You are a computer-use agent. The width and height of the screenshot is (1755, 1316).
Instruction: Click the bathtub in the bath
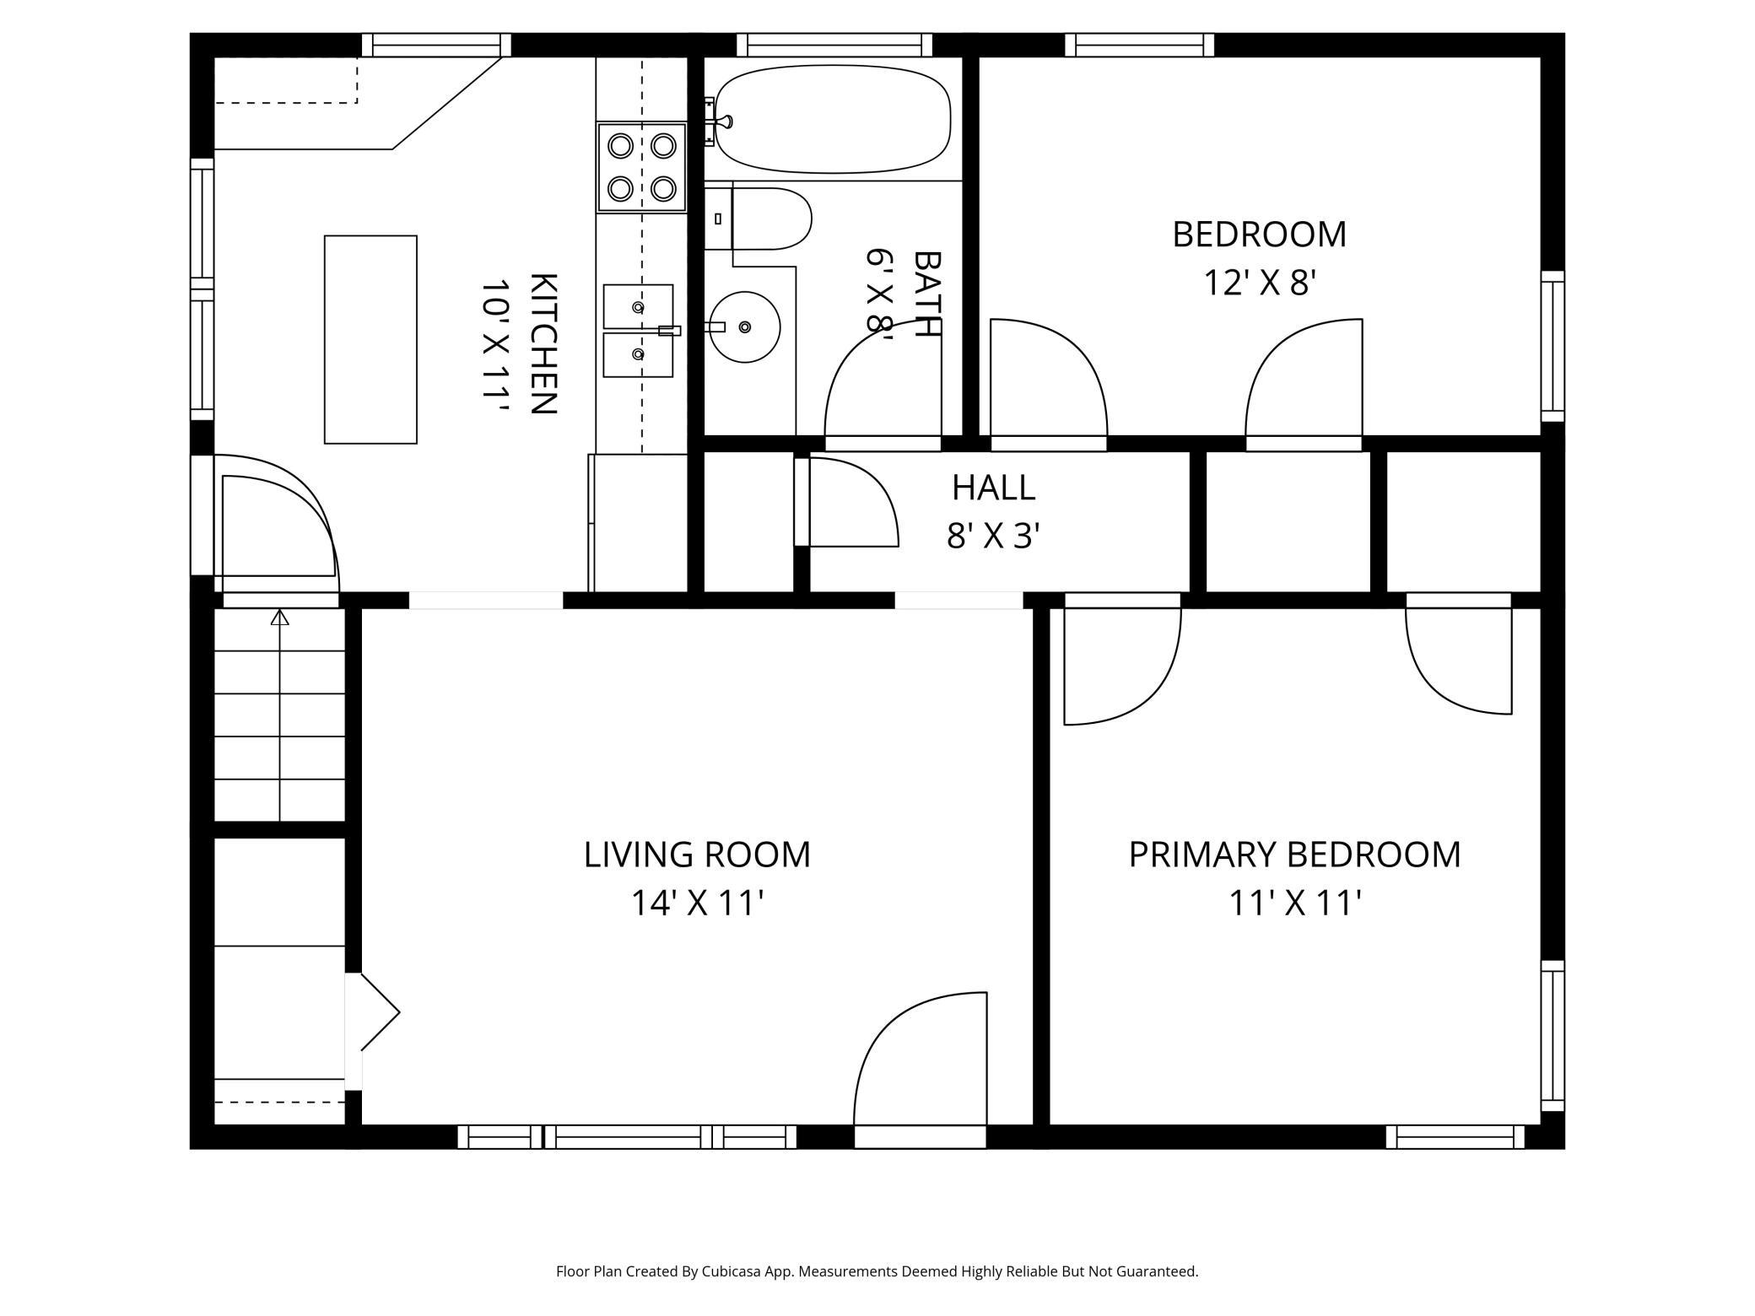[x=832, y=119]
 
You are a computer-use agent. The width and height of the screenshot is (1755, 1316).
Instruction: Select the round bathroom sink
[x=744, y=326]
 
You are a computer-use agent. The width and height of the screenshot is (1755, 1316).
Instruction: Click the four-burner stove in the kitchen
[x=642, y=167]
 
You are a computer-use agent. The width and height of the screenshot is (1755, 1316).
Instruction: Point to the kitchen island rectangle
[x=370, y=339]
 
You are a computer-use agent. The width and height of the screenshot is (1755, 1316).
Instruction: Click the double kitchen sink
[x=638, y=331]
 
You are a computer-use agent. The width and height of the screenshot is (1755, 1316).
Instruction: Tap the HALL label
[x=993, y=488]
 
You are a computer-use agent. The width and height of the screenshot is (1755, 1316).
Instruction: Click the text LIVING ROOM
[x=697, y=855]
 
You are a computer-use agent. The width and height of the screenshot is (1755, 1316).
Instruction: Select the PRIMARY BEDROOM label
[x=1294, y=855]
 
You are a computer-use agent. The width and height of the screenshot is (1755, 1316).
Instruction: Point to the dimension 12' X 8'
[x=1259, y=283]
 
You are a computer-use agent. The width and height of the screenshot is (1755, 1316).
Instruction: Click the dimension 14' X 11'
[x=697, y=903]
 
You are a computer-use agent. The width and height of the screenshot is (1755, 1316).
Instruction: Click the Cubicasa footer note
[x=877, y=1271]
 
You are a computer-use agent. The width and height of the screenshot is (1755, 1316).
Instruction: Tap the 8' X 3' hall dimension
[x=993, y=536]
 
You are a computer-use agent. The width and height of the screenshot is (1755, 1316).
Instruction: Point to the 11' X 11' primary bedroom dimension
[x=1294, y=903]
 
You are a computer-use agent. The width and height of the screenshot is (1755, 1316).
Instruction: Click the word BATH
[x=927, y=294]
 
